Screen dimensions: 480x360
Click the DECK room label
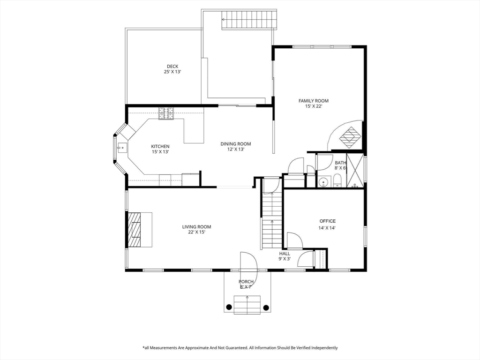[172, 67]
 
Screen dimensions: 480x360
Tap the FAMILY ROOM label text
[314, 101]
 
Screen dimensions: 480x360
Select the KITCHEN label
[160, 146]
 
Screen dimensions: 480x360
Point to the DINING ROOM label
[236, 144]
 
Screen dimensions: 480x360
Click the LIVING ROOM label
[196, 227]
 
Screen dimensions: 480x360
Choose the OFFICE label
[328, 221]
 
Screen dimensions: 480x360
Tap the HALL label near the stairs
[285, 254]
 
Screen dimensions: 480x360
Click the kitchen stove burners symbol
[166, 113]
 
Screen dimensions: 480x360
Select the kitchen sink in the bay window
[122, 148]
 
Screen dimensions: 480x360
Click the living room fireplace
[140, 230]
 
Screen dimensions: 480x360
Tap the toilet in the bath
[337, 180]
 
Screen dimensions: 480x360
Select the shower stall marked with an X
[355, 171]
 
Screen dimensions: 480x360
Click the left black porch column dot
[228, 307]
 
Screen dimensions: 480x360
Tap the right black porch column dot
[266, 307]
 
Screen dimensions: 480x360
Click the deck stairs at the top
[249, 20]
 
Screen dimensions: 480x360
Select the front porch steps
[247, 305]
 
